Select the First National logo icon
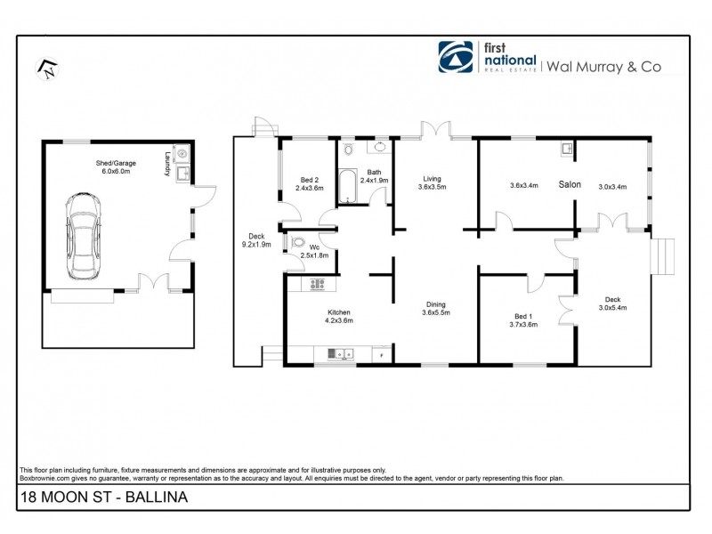tap(454, 57)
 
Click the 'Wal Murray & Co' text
tap(603, 65)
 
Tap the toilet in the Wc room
tap(298, 243)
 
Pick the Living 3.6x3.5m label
tap(432, 182)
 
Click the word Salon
tap(570, 184)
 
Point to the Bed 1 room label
tap(526, 320)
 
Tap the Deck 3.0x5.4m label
tap(612, 303)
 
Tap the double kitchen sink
tap(341, 354)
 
